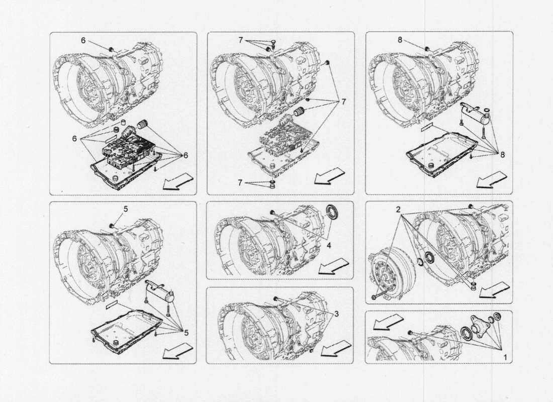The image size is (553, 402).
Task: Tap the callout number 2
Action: pos(398,209)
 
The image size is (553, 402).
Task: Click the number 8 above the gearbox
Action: pos(400,40)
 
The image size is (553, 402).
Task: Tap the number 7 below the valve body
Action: pos(241,183)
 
